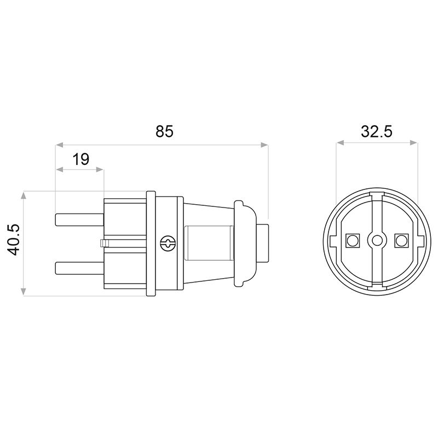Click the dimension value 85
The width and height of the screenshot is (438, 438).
[x=165, y=131]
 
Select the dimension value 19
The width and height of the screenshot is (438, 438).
[x=80, y=159]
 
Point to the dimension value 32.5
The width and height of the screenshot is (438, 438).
[x=377, y=131]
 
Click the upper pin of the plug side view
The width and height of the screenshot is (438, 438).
[x=80, y=220]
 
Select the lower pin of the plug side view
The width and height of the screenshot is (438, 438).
[x=80, y=268]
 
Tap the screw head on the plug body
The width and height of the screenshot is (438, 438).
[x=168, y=243]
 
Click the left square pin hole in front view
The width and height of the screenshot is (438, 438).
[x=353, y=240]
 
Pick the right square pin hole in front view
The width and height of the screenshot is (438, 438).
[x=401, y=240]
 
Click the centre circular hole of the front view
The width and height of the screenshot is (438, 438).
[x=377, y=240]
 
